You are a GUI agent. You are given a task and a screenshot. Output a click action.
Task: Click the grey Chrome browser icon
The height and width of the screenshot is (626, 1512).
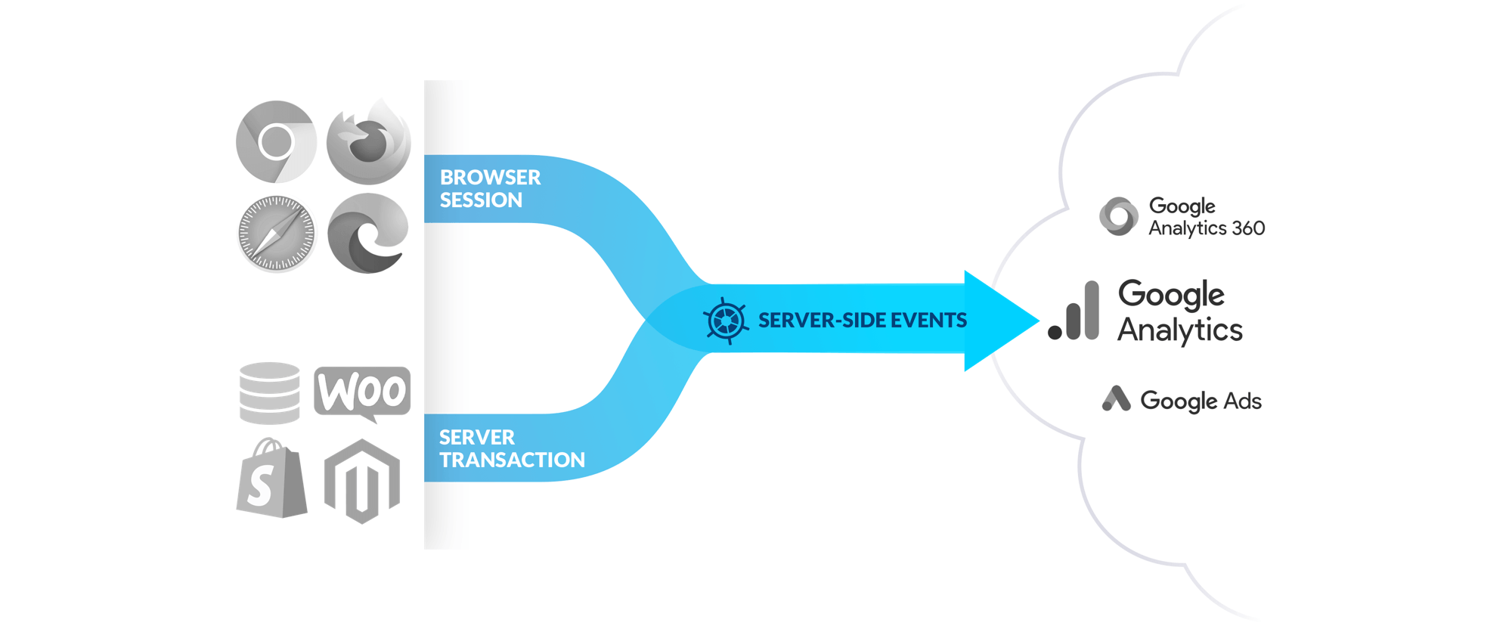coord(276,141)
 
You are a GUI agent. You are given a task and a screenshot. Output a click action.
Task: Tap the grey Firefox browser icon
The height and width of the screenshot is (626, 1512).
coord(369,141)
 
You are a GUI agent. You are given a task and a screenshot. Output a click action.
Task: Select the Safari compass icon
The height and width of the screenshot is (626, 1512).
coord(276,233)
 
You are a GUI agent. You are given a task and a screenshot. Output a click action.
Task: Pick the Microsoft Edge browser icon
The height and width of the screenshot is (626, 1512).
coord(368,233)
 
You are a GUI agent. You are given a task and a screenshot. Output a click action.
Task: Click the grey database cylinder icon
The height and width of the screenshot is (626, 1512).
coord(270,393)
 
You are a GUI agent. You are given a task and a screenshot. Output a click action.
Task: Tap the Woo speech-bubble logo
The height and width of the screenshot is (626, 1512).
coord(362,392)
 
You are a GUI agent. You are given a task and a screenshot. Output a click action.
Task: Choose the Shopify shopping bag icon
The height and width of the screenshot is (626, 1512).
coord(271,479)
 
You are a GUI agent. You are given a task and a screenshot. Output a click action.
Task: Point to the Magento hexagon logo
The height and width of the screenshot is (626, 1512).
coord(362,481)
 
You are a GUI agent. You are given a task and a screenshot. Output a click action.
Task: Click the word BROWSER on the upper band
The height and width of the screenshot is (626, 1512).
coord(490,178)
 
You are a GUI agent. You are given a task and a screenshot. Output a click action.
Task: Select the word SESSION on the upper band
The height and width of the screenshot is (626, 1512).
coord(481,200)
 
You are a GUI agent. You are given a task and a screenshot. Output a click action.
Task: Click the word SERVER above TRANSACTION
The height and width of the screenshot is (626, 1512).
coord(476,438)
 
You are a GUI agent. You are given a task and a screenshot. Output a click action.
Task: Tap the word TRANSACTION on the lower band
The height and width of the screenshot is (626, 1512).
coord(512,460)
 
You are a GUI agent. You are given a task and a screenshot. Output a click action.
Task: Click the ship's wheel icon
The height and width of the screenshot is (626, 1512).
coord(726,321)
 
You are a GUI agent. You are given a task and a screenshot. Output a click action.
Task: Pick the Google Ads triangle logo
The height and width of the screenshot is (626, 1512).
coord(1116,398)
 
